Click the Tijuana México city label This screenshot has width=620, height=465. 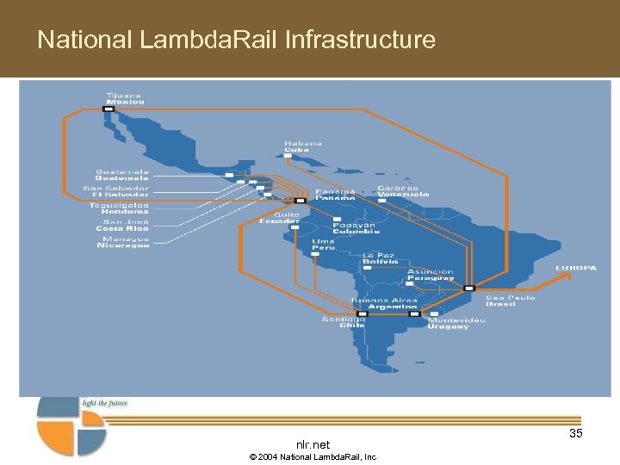pyautogui.click(x=125, y=98)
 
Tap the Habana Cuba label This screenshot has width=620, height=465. pyautogui.click(x=303, y=146)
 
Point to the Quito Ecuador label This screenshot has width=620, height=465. pyautogui.click(x=280, y=218)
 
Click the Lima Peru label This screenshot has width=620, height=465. pyautogui.click(x=323, y=245)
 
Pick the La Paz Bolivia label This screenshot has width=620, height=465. pyautogui.click(x=379, y=258)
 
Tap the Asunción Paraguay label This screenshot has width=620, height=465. pyautogui.click(x=431, y=275)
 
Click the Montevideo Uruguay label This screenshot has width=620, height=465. pyautogui.click(x=456, y=323)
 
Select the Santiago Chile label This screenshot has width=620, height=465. pyautogui.click(x=344, y=322)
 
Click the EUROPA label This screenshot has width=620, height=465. pyautogui.click(x=575, y=268)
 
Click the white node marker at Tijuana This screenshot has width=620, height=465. pyautogui.click(x=109, y=108)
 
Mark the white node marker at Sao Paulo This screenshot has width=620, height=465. pyautogui.click(x=468, y=288)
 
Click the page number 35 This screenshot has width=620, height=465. pyautogui.click(x=575, y=433)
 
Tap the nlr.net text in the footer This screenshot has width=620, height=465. pyautogui.click(x=313, y=444)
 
